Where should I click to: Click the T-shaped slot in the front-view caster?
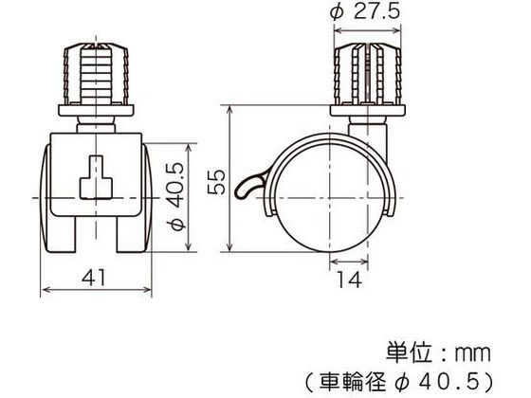[x=98, y=180]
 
